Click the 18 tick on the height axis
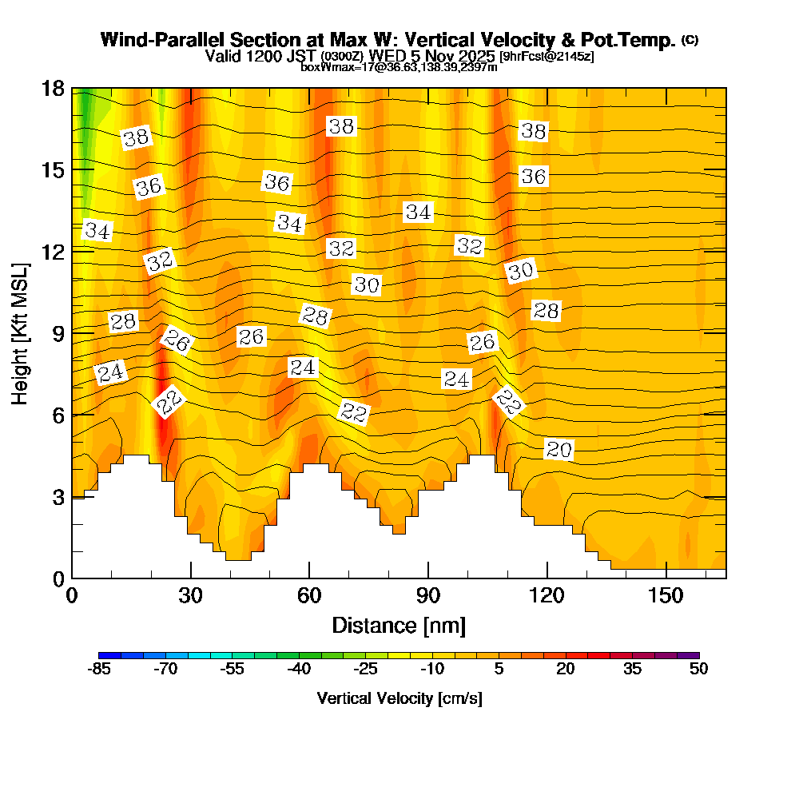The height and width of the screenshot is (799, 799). click(73, 88)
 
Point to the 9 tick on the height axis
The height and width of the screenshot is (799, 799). click(73, 332)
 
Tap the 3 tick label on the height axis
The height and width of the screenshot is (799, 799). click(55, 497)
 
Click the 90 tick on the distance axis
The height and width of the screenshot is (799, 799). click(428, 578)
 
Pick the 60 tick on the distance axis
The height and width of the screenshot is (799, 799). click(309, 578)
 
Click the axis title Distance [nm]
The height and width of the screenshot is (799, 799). click(399, 624)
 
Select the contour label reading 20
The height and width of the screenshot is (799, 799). click(559, 450)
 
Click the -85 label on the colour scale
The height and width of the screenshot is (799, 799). click(98, 670)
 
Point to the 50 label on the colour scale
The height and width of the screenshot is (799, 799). click(698, 670)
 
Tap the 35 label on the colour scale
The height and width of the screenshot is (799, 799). click(632, 670)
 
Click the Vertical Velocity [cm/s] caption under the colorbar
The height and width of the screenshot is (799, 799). click(399, 698)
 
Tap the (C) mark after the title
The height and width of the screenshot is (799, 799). click(690, 40)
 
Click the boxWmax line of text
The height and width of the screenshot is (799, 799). click(399, 67)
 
